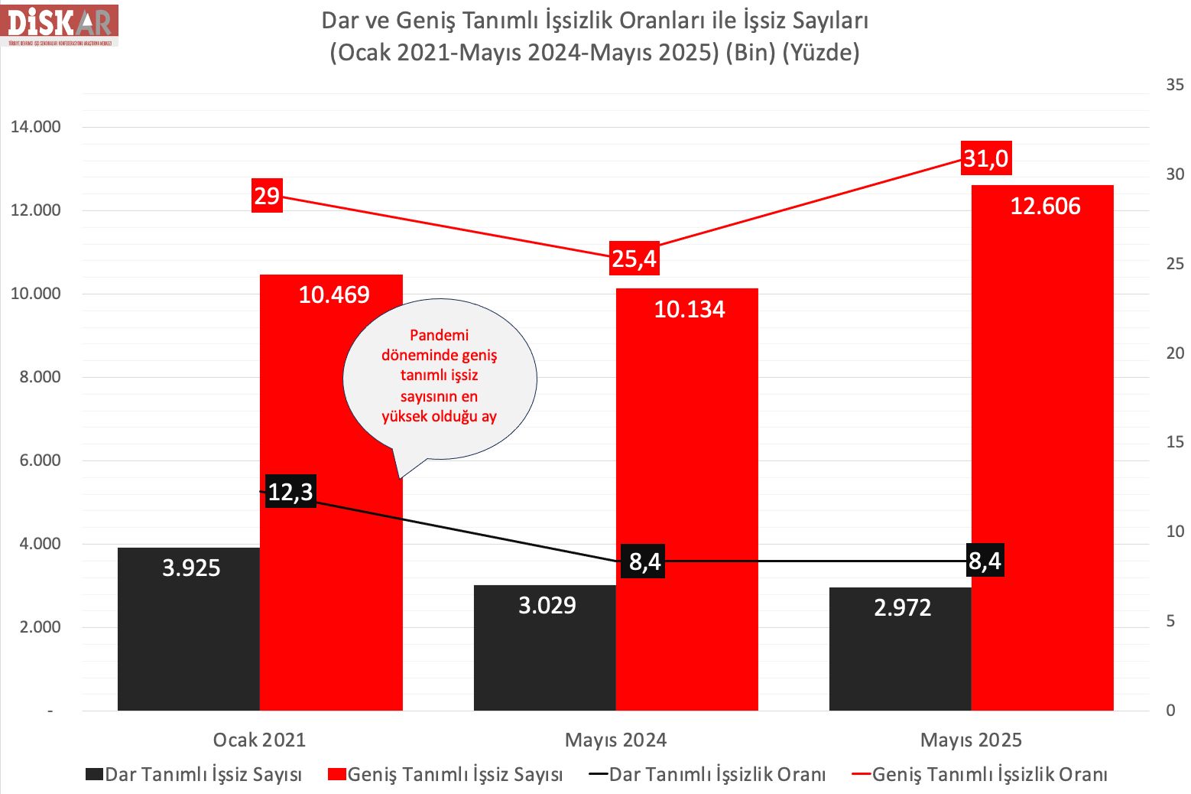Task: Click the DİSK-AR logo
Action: pyautogui.click(x=60, y=24)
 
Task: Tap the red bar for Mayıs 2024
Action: pyautogui.click(x=686, y=505)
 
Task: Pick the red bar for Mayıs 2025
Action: pyautogui.click(x=1042, y=459)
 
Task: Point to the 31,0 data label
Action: pyautogui.click(x=985, y=158)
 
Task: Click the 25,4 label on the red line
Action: pyautogui.click(x=634, y=259)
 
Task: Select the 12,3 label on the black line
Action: pyautogui.click(x=290, y=491)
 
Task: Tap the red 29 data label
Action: pyautogui.click(x=267, y=195)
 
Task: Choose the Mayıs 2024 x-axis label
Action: pyautogui.click(x=615, y=740)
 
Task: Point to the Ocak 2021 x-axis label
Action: pyautogui.click(x=259, y=740)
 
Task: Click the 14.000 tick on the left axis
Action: pyautogui.click(x=36, y=127)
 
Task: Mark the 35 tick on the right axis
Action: pyautogui.click(x=1174, y=84)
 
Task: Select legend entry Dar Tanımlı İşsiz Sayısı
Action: pyautogui.click(x=203, y=774)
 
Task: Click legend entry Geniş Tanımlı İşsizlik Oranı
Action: pyautogui.click(x=989, y=774)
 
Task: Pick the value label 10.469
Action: pyautogui.click(x=334, y=294)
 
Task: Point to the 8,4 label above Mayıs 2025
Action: pyautogui.click(x=985, y=561)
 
